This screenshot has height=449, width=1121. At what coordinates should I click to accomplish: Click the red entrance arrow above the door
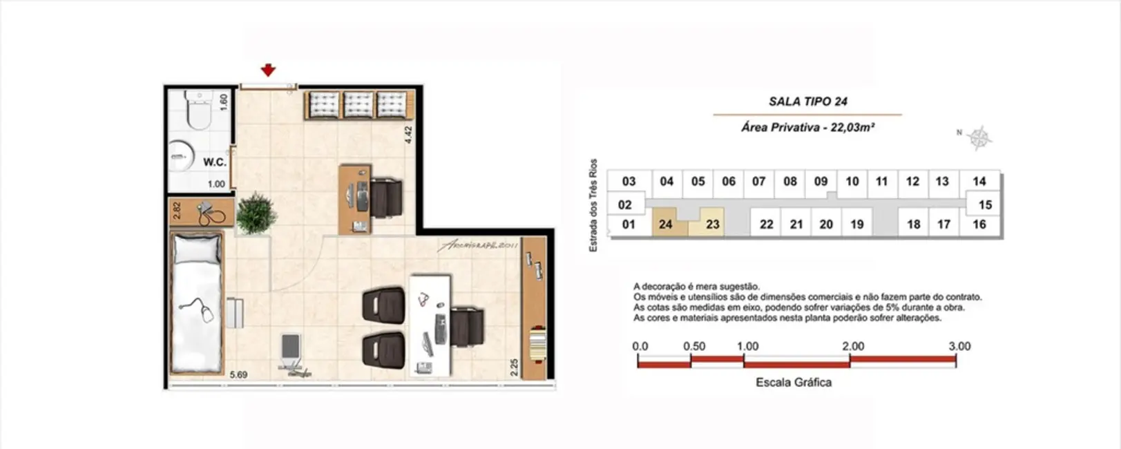tap(268, 70)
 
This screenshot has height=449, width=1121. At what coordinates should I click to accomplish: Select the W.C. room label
tap(215, 162)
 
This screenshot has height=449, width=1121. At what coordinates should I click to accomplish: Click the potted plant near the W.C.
tap(256, 213)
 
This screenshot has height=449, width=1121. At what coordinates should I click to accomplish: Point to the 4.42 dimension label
tap(408, 134)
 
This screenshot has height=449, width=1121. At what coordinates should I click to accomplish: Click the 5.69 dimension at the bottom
tap(238, 374)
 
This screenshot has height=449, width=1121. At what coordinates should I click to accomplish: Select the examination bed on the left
tap(197, 304)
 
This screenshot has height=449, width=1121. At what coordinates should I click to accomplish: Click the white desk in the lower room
tap(430, 325)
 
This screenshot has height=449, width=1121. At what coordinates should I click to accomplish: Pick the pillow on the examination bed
tap(197, 249)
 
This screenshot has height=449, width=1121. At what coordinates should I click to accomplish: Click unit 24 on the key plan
tap(665, 224)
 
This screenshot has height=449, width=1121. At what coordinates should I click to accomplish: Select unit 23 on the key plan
tap(712, 224)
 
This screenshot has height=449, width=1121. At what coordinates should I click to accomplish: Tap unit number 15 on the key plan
tap(985, 204)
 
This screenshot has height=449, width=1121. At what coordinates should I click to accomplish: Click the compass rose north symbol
tap(978, 137)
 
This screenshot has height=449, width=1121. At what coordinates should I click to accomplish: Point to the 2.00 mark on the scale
tap(852, 346)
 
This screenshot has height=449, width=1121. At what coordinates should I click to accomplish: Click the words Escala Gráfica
tap(793, 382)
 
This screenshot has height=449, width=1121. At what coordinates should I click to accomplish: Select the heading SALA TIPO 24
tap(807, 102)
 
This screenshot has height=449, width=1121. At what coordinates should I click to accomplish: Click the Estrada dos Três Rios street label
tap(593, 205)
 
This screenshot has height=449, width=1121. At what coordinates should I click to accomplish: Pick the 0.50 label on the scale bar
tap(693, 346)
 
